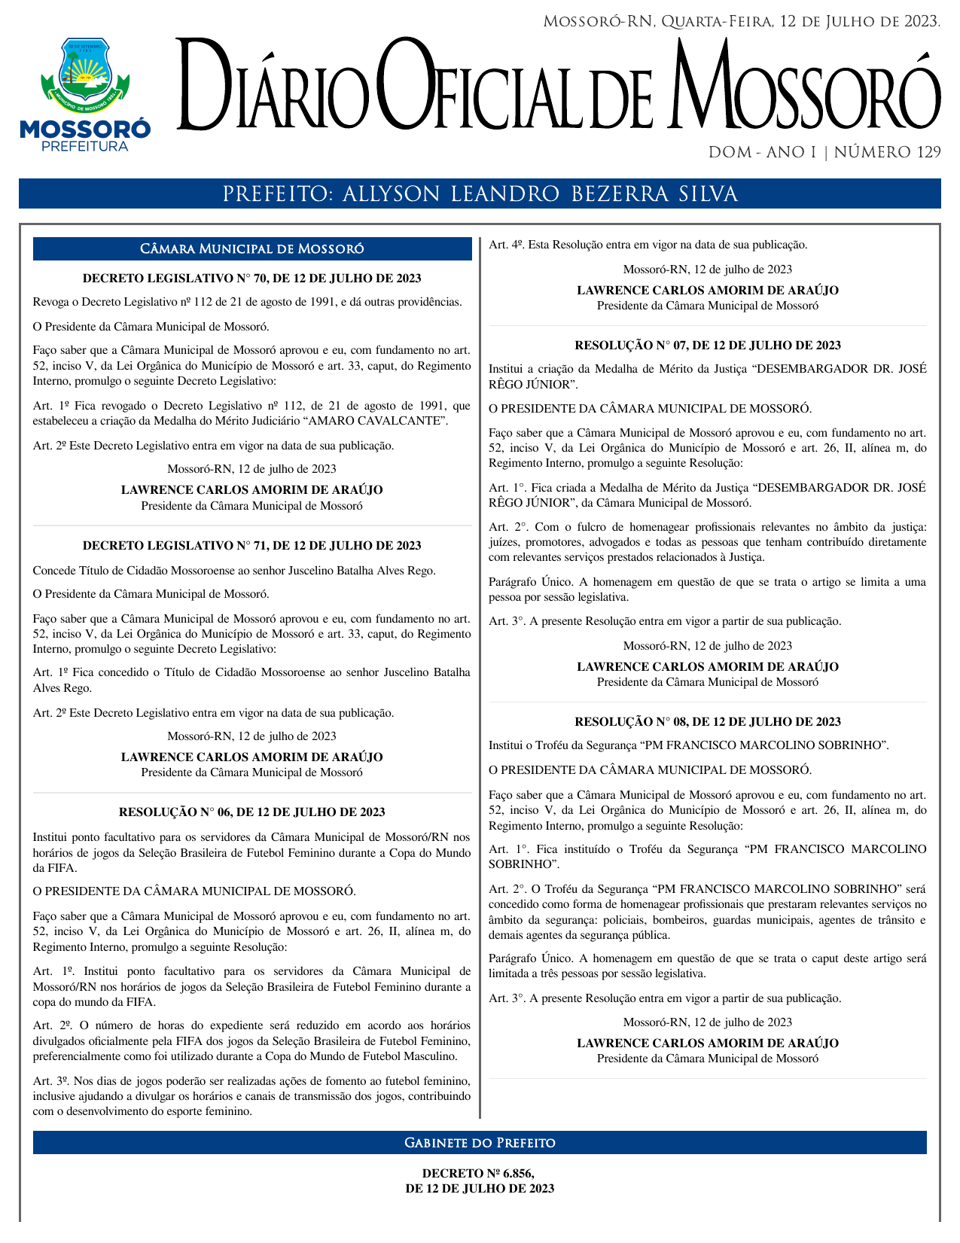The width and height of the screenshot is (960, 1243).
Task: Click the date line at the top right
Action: (741, 22)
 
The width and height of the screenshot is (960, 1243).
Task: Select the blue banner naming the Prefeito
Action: (480, 194)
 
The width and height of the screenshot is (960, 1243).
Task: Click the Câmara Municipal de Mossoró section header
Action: (252, 249)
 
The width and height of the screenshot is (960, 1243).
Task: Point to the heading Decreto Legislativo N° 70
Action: (251, 279)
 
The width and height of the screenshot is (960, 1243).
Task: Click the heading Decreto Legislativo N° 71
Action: (251, 546)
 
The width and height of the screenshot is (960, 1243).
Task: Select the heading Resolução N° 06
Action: (251, 812)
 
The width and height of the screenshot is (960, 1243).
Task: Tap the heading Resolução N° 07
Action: (707, 346)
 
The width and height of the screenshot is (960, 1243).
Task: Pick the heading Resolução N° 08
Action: (707, 722)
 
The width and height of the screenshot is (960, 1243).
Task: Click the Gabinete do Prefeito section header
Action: (480, 1143)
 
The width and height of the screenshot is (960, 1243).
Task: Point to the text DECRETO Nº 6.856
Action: (479, 1173)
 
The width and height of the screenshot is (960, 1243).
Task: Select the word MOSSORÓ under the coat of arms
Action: (84, 129)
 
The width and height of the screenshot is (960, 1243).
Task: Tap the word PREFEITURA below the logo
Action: (84, 147)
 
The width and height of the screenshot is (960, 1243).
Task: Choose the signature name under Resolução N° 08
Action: (707, 1043)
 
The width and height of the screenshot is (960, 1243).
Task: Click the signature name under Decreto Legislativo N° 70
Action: (251, 490)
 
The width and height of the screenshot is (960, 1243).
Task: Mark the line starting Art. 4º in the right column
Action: (648, 245)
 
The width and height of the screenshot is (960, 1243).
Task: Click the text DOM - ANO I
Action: (762, 153)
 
